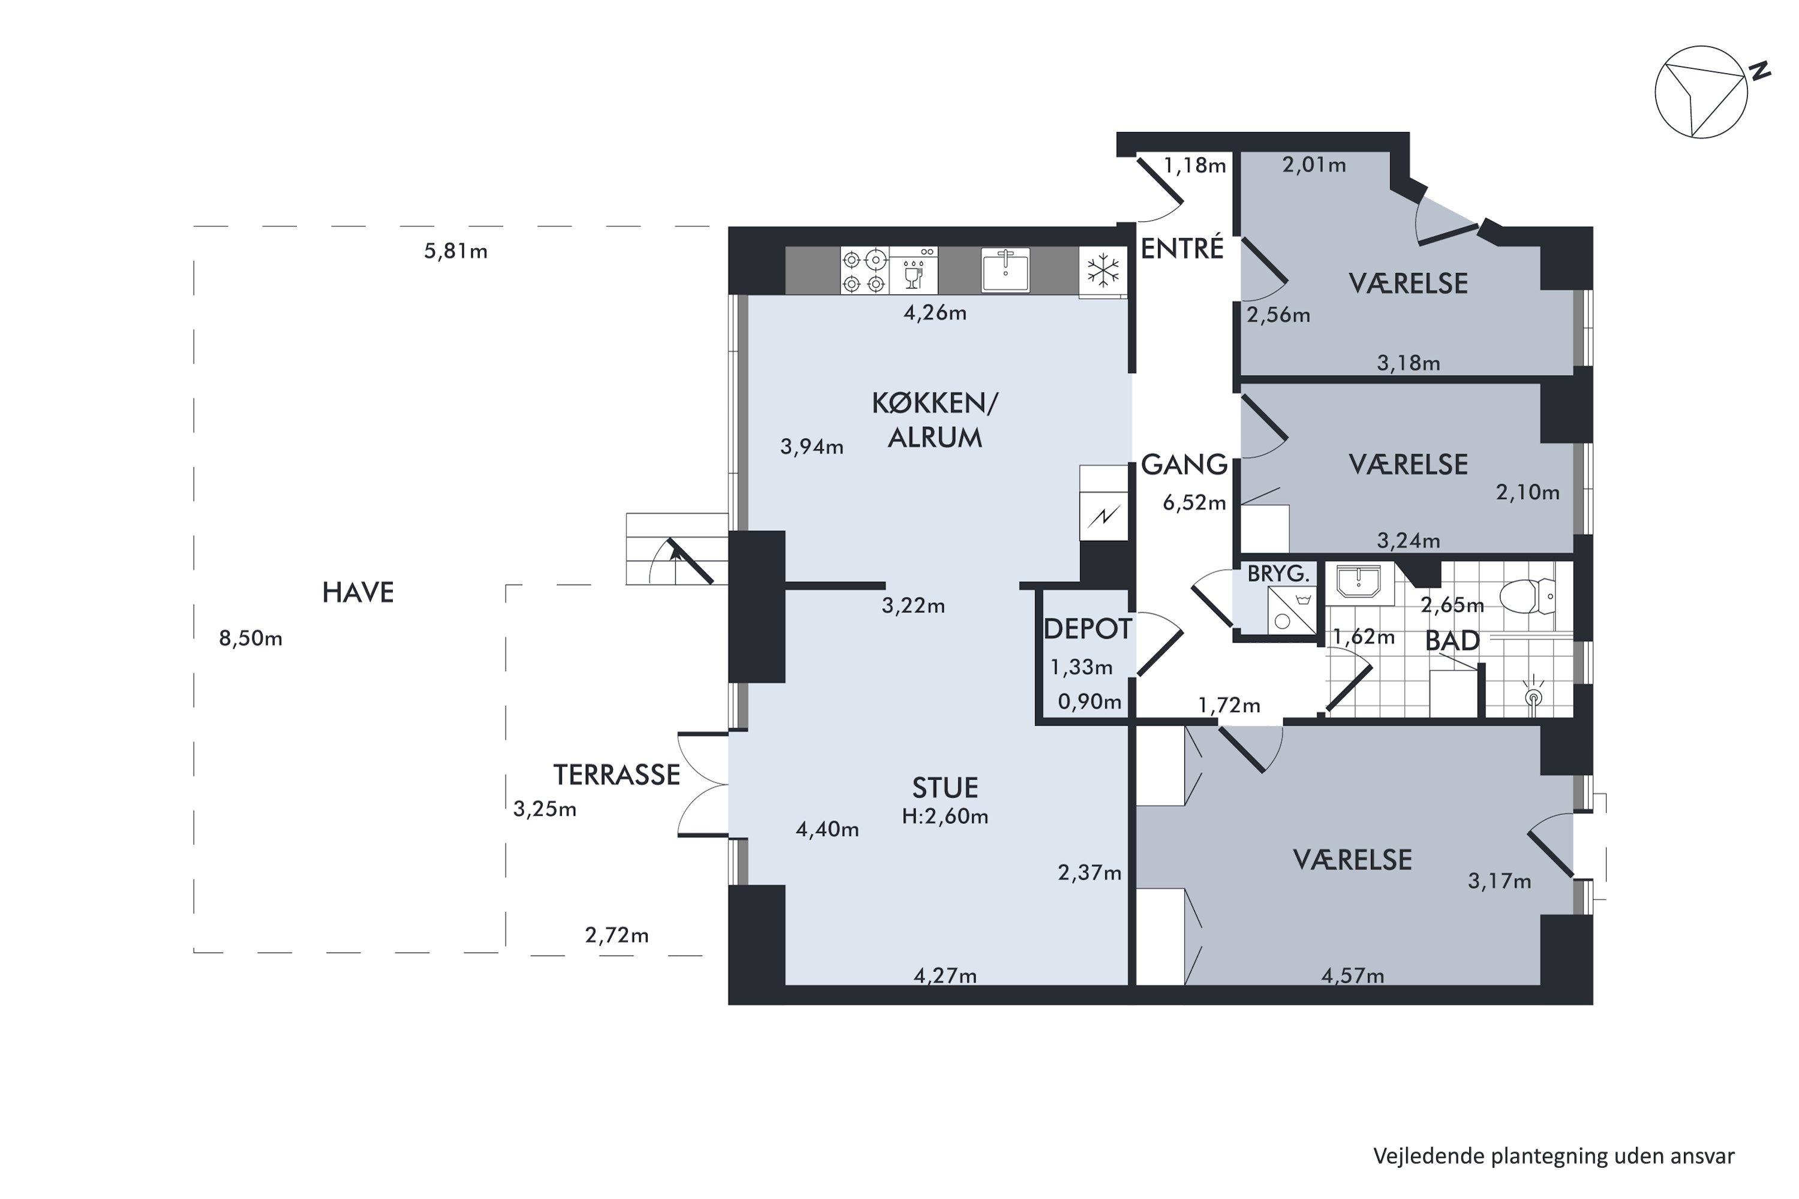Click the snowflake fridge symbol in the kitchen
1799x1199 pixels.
pos(1103,271)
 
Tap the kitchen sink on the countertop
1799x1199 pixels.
pos(1005,269)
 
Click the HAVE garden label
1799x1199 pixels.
pos(358,593)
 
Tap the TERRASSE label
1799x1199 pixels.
pos(616,775)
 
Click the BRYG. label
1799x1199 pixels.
pos(1278,574)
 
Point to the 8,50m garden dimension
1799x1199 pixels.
pos(251,638)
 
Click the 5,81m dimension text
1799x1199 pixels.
pos(456,252)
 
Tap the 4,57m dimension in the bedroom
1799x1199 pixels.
pos(1352,976)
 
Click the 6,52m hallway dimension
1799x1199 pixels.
pos(1194,502)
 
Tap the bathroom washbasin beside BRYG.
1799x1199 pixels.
pos(1358,583)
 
